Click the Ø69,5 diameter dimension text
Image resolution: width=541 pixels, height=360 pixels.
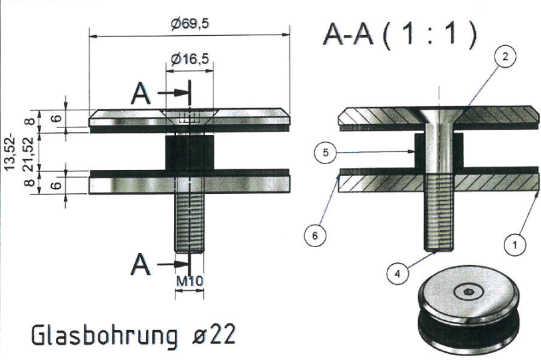190,24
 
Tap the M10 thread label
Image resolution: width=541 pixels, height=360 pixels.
189,281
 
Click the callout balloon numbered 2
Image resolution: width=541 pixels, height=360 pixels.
505,57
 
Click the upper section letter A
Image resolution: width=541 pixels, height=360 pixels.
142,94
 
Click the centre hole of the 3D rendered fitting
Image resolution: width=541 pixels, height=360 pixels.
469,292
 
